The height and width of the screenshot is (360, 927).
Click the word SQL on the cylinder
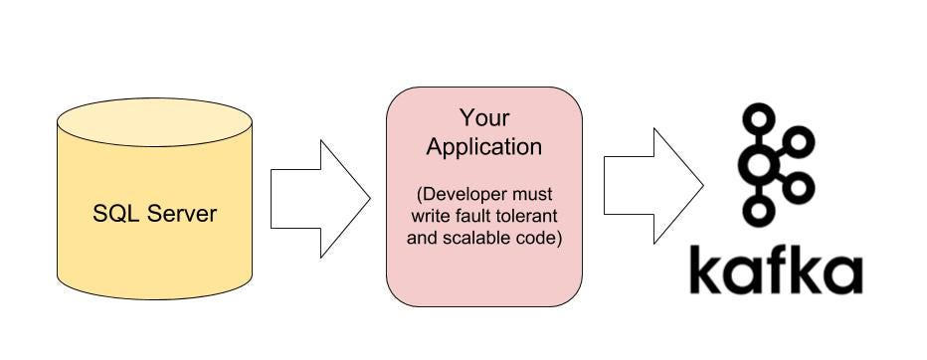point(113,213)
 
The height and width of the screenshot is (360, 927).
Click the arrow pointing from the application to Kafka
point(652,185)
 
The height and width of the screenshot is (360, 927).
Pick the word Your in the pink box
point(483,118)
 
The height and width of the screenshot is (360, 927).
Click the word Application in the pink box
point(484,147)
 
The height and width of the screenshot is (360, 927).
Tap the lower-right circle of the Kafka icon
point(802,187)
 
